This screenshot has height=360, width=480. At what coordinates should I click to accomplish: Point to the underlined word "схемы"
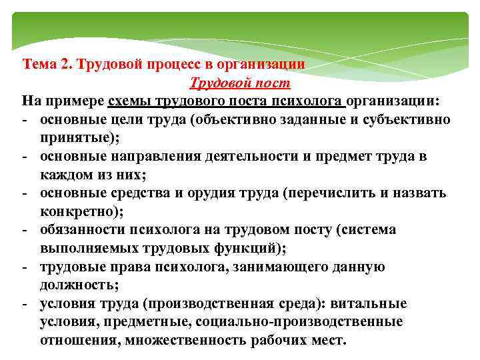[132, 101]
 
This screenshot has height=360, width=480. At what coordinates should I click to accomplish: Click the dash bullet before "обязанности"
[24, 230]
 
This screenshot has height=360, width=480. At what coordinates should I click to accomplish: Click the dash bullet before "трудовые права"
[24, 267]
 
